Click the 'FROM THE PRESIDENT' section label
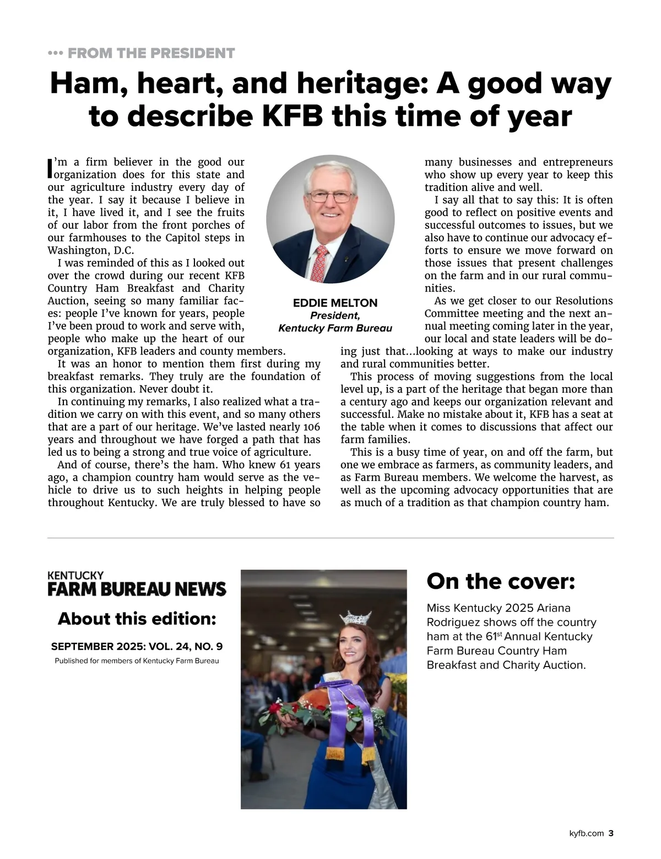(151, 53)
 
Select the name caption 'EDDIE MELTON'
(335, 303)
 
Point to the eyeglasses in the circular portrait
(330, 196)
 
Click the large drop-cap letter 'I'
(50, 169)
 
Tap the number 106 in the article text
(311, 427)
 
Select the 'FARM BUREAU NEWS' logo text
(137, 589)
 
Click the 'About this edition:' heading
(137, 619)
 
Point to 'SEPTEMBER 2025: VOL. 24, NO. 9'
(137, 646)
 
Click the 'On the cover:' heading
(501, 581)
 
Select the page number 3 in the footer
(610, 834)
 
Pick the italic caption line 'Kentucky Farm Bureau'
(335, 329)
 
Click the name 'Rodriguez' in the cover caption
(453, 622)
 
